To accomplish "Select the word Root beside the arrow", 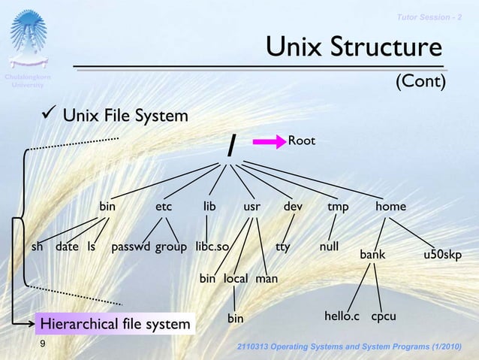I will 302,141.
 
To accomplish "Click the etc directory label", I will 164,206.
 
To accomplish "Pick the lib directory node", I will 209,206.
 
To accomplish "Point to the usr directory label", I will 252,206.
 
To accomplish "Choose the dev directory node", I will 293,206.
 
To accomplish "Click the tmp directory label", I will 338,206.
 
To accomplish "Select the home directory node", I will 391,206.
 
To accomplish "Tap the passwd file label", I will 131,246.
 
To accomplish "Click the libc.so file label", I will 212,246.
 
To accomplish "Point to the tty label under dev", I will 282,246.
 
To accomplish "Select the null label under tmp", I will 329,246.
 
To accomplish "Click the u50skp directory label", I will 442,255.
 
